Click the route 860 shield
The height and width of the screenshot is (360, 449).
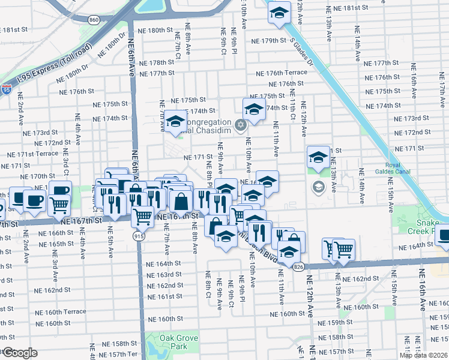(x=94, y=20)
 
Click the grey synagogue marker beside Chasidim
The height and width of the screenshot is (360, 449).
(x=241, y=125)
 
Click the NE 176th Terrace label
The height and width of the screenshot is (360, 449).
(x=281, y=73)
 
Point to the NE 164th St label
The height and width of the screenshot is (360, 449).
(x=164, y=263)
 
